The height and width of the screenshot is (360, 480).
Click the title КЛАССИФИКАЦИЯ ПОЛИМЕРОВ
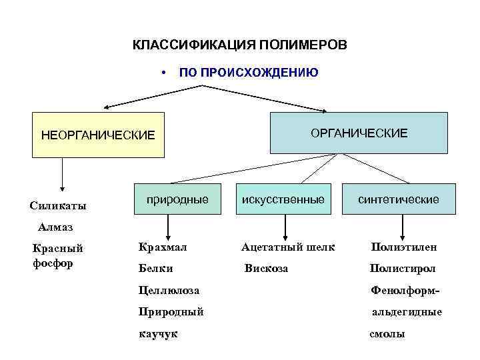[240, 45]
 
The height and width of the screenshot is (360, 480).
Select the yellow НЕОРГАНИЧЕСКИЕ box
[98, 135]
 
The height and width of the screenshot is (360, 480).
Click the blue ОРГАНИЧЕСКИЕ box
[359, 133]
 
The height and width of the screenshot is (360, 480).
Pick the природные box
[177, 199]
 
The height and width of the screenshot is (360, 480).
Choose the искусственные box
[283, 199]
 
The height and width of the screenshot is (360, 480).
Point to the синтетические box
[398, 199]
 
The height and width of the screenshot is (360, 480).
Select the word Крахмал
[163, 247]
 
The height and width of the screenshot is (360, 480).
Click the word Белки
[156, 268]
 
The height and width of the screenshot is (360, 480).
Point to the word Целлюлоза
[169, 290]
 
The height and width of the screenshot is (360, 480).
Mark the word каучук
[158, 333]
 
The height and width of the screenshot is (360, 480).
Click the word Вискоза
[266, 268]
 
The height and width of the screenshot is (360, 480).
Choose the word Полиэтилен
[404, 247]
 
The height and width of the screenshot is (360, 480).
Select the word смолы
[387, 333]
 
